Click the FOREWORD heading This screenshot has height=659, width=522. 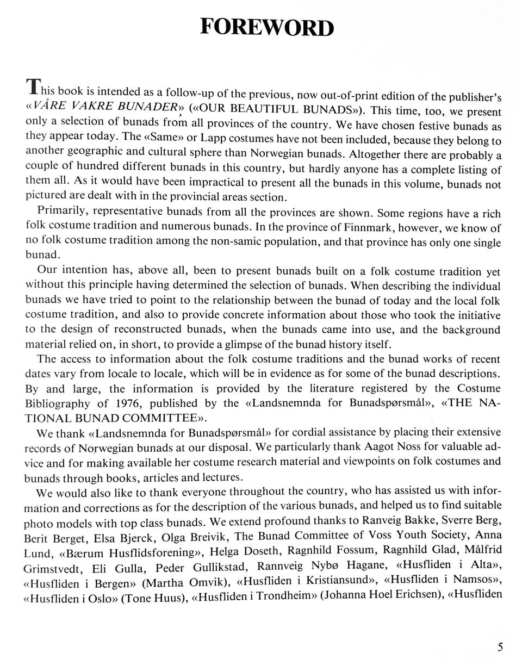point(266,27)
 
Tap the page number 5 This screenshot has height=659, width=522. point(500,646)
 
